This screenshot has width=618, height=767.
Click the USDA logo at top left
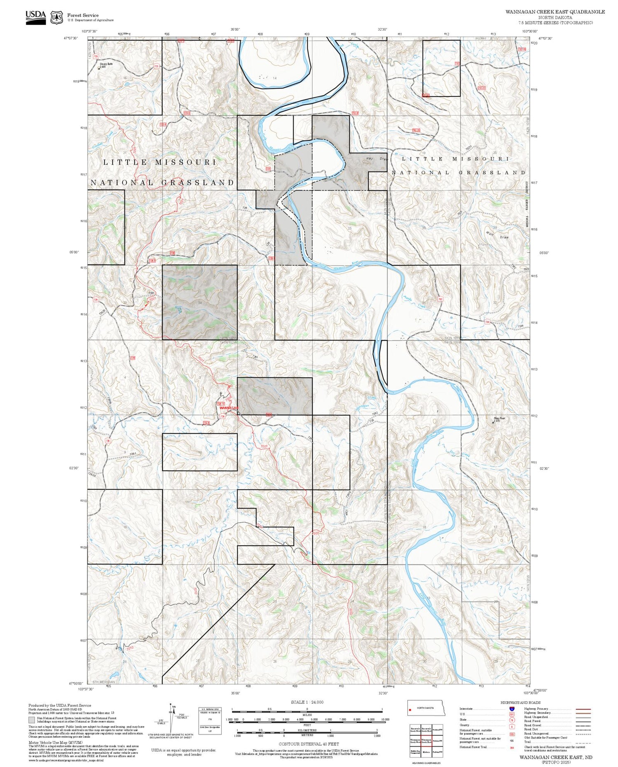click(36, 17)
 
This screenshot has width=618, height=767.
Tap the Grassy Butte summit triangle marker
click(99, 68)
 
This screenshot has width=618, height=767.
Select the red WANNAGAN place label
click(229, 407)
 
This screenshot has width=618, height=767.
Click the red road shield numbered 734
click(487, 322)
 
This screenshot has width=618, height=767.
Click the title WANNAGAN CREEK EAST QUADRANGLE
click(555, 12)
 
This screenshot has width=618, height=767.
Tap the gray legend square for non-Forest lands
click(32, 720)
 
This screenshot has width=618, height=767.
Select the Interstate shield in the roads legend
click(511, 709)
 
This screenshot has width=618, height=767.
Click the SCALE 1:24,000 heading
click(307, 702)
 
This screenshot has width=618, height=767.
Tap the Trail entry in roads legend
click(528, 741)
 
